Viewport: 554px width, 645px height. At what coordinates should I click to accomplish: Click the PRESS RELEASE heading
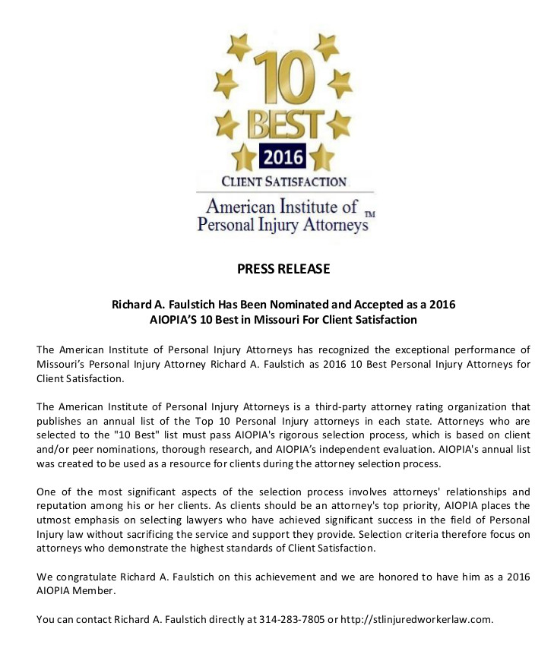tap(283, 269)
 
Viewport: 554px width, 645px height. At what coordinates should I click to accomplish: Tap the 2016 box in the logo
tap(282, 157)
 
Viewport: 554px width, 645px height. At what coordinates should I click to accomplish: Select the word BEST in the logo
tap(282, 124)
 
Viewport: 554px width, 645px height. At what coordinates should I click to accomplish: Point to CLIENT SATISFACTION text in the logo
tap(283, 182)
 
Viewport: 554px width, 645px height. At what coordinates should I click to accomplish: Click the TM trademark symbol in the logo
tap(370, 215)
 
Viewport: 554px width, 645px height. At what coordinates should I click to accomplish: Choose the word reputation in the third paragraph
tap(65, 505)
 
